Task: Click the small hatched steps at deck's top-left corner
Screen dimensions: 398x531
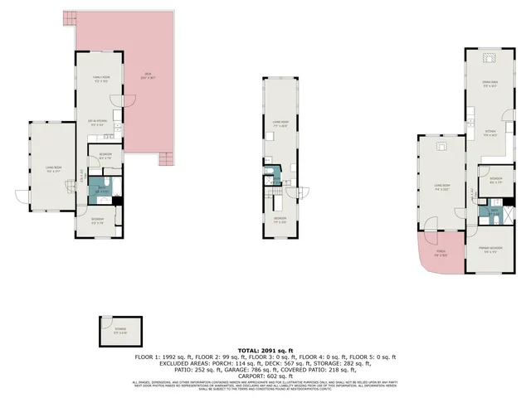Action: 69,17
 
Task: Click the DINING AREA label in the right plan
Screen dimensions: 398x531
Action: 490,85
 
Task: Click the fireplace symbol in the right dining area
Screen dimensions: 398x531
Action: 490,57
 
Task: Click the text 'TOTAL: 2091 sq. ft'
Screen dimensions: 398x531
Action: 265,351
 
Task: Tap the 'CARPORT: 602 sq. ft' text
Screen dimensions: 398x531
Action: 265,374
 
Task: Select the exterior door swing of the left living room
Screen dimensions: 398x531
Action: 24,196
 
